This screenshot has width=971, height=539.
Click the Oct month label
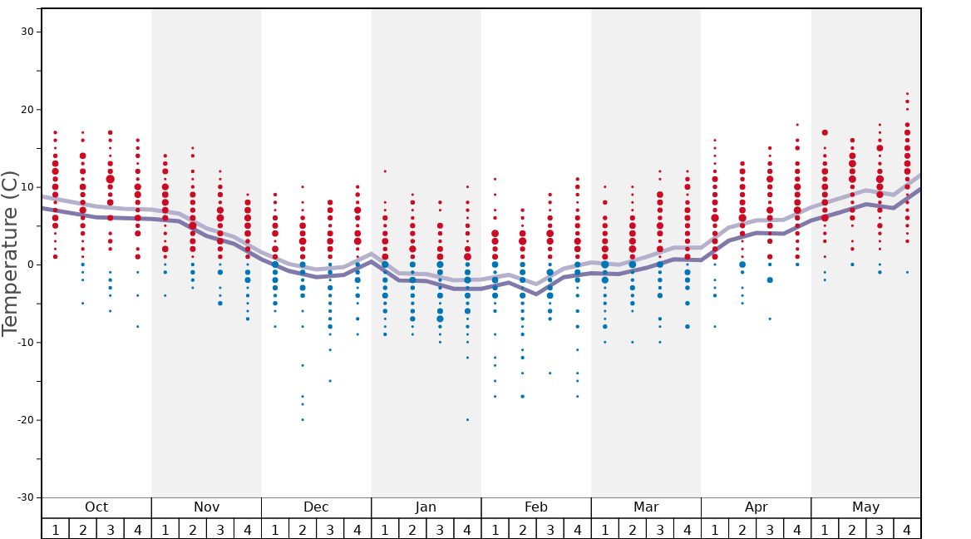[x=96, y=507]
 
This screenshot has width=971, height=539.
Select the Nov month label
[x=206, y=507]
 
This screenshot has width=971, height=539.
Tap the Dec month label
[x=316, y=507]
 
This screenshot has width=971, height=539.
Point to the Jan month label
[x=426, y=507]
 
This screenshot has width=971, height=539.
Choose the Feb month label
[x=535, y=507]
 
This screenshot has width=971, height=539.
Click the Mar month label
[x=646, y=507]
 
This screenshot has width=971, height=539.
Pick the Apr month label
[x=756, y=507]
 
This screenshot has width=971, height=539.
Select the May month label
[x=865, y=507]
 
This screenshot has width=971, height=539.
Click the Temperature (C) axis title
[x=10, y=253]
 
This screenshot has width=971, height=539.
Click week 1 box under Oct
[x=56, y=529]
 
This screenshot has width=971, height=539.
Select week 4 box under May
[x=907, y=529]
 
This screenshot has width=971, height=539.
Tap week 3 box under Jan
[x=440, y=529]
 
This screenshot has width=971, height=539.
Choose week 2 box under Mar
[x=632, y=529]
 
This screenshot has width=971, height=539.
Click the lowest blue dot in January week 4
[x=467, y=420]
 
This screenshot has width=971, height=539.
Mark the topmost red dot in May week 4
[x=907, y=94]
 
